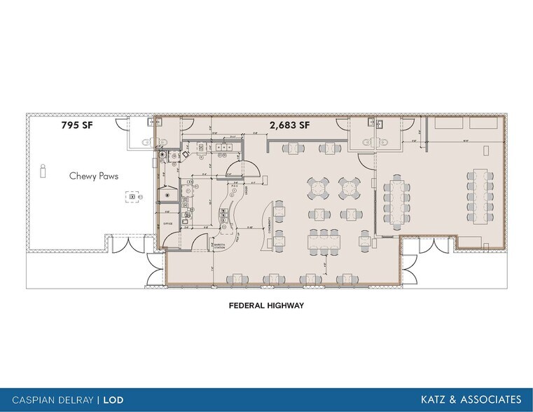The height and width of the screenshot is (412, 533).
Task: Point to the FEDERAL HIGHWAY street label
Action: [x=267, y=305]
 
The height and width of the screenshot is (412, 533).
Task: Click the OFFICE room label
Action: [x=168, y=224]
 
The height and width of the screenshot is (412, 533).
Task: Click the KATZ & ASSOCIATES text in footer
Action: [x=471, y=399]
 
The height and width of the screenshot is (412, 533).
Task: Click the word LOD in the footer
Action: [x=114, y=400]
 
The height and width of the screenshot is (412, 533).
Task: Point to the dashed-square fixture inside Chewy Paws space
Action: [x=130, y=198]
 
